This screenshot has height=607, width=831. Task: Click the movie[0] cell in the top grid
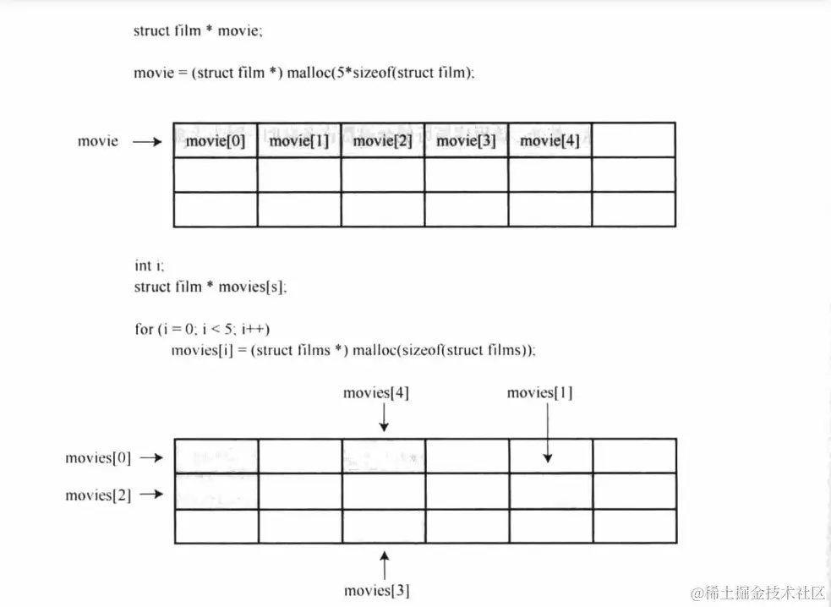click(216, 140)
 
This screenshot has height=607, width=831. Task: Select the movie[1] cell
click(299, 140)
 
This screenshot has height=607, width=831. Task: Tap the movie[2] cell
click(383, 140)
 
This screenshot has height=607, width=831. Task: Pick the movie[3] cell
click(466, 140)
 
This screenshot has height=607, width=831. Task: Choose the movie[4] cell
click(549, 140)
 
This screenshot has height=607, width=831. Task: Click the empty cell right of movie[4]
click(633, 140)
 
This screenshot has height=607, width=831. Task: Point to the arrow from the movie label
click(147, 142)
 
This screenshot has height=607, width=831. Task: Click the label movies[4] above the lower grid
click(376, 393)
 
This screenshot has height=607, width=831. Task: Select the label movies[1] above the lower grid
click(539, 393)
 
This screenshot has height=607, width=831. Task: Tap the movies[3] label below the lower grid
click(377, 590)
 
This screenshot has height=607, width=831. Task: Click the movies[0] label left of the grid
click(98, 458)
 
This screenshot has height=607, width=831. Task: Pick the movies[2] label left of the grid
click(98, 495)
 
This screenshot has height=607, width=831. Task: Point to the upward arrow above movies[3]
click(385, 565)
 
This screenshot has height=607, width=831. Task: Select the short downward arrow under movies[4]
click(384, 418)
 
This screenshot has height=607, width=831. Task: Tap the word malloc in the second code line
click(310, 73)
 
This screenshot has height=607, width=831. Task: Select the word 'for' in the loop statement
click(143, 329)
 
